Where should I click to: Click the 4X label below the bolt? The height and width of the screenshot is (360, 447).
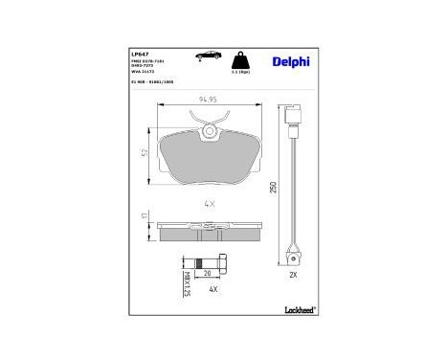coord(213,289)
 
